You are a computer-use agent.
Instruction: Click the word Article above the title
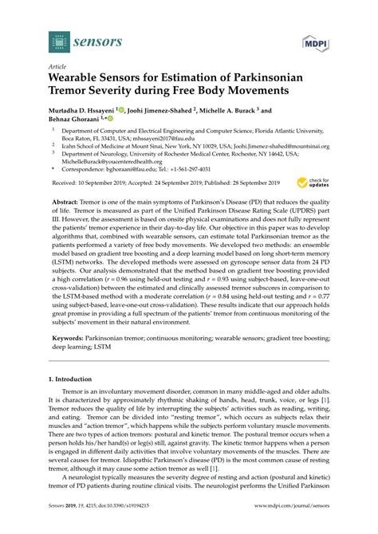58,69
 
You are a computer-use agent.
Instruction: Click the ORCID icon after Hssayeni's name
124,112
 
